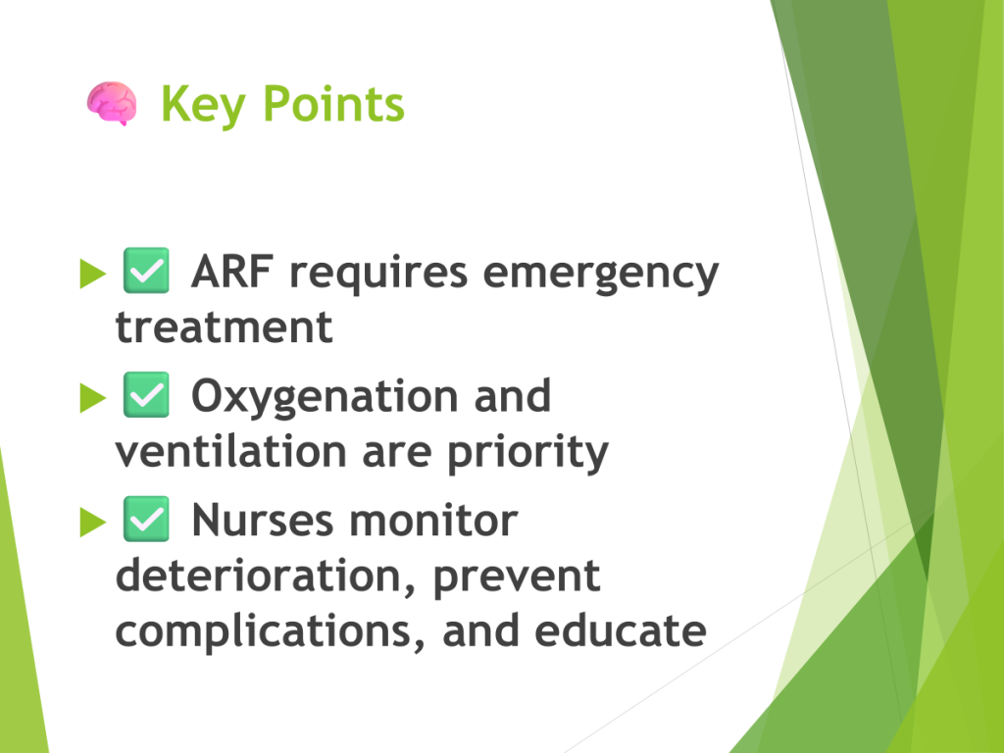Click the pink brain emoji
(x=112, y=103)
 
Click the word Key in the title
(x=203, y=105)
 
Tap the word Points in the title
(x=333, y=103)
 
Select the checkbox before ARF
(x=146, y=271)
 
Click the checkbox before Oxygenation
(x=146, y=394)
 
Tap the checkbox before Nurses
(x=146, y=519)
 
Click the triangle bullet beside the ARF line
(x=93, y=274)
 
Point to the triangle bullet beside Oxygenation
(x=93, y=398)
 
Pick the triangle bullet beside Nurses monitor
(x=93, y=522)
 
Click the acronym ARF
(x=231, y=272)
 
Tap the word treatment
(x=225, y=327)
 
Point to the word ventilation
(x=231, y=451)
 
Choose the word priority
(x=527, y=453)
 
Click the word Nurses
(x=263, y=520)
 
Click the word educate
(x=621, y=630)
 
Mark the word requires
(x=378, y=275)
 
